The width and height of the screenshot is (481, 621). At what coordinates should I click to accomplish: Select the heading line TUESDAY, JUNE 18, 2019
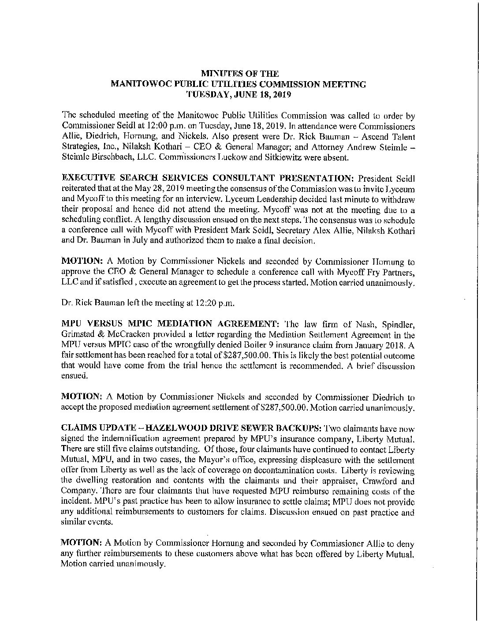(x=240, y=94)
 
